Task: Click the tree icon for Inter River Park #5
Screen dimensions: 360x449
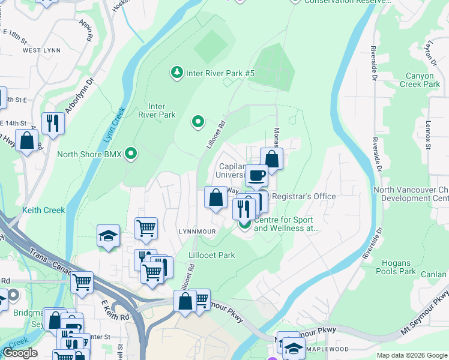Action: [177, 73]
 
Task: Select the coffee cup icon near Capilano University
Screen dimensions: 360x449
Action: [256, 175]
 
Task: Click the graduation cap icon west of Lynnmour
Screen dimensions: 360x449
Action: [108, 236]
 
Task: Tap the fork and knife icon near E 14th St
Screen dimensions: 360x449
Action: [53, 124]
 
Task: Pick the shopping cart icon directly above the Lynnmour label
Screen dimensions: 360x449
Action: [146, 228]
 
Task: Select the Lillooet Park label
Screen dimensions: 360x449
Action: [212, 255]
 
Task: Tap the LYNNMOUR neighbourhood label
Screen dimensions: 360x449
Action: [196, 231]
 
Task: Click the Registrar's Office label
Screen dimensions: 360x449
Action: [304, 196]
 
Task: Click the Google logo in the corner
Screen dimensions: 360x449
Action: [20, 353]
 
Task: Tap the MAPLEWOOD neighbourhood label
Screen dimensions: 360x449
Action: [327, 349]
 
